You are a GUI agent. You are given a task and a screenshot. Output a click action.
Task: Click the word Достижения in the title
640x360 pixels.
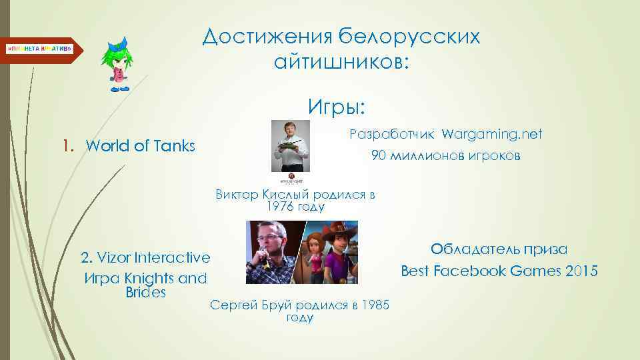click(x=265, y=37)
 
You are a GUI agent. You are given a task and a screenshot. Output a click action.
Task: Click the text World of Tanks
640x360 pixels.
click(x=141, y=145)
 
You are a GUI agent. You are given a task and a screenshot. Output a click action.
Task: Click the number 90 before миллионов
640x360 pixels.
click(x=380, y=157)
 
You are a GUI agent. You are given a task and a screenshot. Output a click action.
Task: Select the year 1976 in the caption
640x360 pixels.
click(x=279, y=207)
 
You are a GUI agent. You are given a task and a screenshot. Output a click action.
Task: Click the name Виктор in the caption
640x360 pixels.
click(x=237, y=195)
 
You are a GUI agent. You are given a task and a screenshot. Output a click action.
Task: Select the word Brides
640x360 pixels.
click(x=145, y=293)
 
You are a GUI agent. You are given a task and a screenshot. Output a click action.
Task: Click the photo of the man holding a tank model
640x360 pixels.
click(x=291, y=146)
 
